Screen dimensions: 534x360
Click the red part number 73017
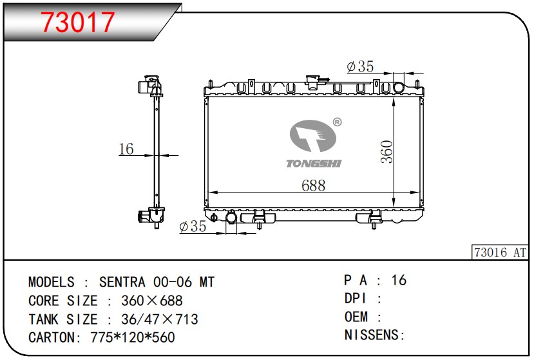point(77,22)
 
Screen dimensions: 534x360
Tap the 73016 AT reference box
point(500,252)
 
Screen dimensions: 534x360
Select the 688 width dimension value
point(313,185)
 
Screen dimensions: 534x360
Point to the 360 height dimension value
point(387,152)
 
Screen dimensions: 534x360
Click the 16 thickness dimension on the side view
point(126,149)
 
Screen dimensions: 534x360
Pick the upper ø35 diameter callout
point(360,66)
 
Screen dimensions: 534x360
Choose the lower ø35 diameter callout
point(193,226)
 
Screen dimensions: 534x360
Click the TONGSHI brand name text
point(314,164)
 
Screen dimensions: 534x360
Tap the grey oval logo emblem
point(313,136)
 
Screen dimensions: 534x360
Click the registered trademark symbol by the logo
point(337,122)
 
